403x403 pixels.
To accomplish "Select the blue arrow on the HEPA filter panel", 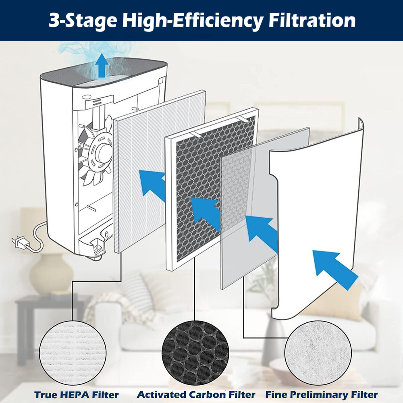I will click(x=153, y=183).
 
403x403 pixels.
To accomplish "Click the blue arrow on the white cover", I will click(x=334, y=268).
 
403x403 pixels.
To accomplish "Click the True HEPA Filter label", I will click(x=77, y=395).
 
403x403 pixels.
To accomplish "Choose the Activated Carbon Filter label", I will click(x=196, y=395).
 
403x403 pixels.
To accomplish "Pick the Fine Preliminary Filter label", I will click(x=322, y=395).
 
